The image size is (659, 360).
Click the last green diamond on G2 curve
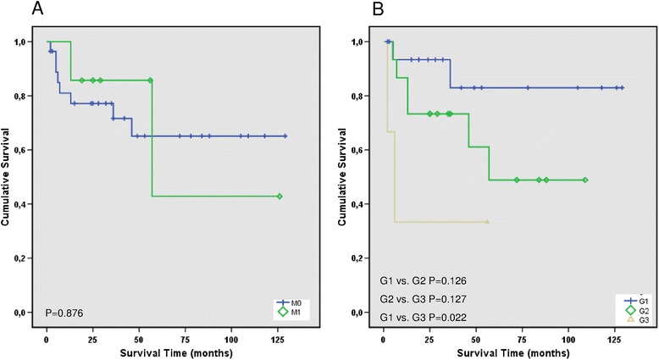[x=585, y=180]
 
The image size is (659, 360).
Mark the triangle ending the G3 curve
[x=487, y=221]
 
